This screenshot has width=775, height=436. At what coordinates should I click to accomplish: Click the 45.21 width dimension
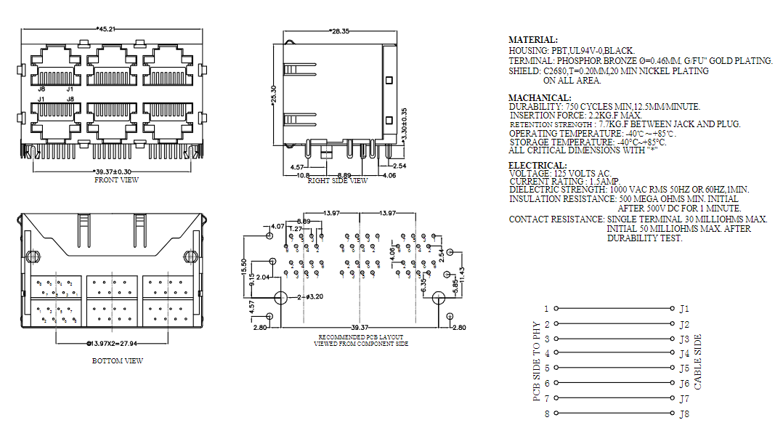point(107,29)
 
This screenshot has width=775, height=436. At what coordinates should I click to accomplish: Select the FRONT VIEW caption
point(116,179)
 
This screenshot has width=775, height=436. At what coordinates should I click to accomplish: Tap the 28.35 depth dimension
point(340,31)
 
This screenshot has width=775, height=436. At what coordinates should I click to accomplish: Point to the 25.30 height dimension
point(274,89)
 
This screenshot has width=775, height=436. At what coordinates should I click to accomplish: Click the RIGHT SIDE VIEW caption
point(338,181)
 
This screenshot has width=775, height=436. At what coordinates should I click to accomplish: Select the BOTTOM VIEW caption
point(118,360)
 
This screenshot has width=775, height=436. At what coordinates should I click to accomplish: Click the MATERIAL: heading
point(533,40)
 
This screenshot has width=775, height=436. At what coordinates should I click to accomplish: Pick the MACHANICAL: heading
point(540,97)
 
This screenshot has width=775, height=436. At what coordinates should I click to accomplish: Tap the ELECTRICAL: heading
point(537,166)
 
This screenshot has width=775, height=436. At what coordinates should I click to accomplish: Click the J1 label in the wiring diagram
point(684,309)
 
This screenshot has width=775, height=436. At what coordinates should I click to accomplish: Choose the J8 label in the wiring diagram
point(684,414)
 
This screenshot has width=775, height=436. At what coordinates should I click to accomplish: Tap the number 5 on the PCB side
point(547,368)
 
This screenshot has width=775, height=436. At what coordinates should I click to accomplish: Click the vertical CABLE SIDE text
point(698,362)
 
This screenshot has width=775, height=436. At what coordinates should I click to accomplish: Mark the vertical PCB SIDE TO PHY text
point(537,361)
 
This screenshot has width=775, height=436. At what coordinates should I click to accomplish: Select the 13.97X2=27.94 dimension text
point(118,342)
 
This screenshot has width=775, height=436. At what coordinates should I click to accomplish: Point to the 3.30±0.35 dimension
point(404,124)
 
